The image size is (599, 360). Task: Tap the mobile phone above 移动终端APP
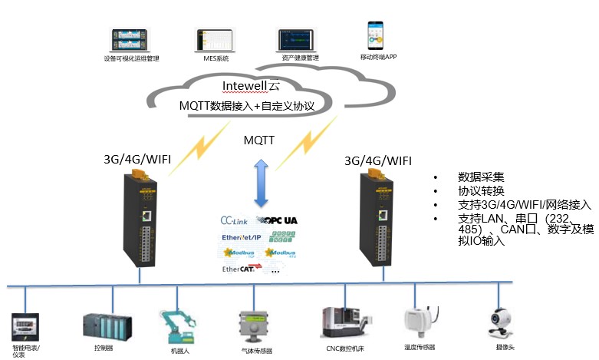(x=377, y=34)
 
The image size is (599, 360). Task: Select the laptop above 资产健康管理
(x=296, y=39)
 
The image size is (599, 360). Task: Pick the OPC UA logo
(x=280, y=220)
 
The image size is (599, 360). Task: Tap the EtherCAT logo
(x=239, y=269)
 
